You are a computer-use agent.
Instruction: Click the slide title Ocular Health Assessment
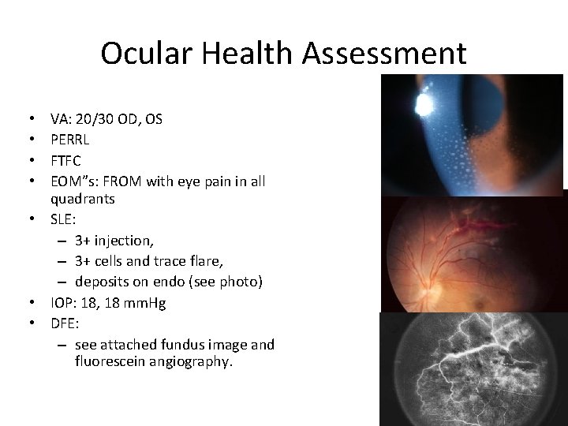click(283, 54)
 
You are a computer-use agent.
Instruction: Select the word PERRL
click(69, 140)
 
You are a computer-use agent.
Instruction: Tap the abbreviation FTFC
click(66, 161)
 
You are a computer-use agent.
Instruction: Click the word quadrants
click(82, 200)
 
